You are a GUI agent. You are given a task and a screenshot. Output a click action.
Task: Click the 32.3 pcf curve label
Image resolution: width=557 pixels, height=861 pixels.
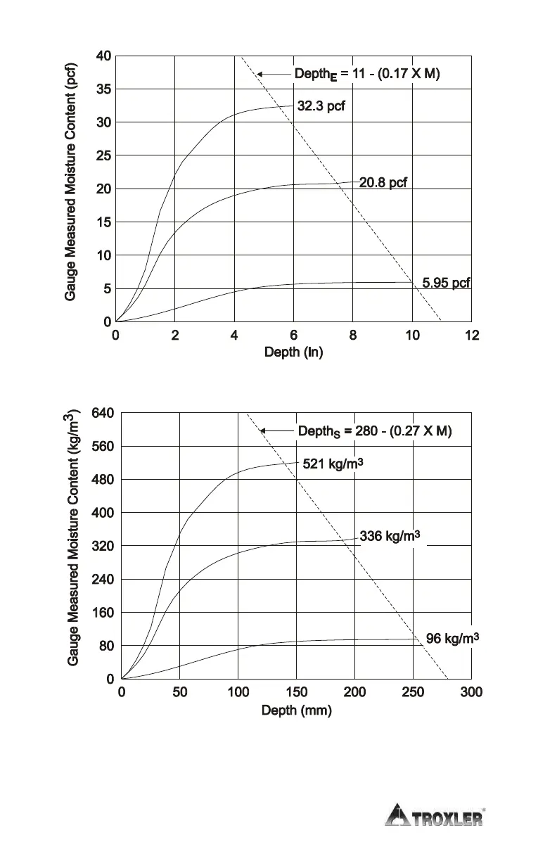click(x=321, y=106)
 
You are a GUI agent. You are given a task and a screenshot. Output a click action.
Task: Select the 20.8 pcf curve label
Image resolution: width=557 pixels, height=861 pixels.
click(x=383, y=183)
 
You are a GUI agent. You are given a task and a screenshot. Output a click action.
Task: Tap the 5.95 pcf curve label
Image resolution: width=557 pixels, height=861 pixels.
click(x=446, y=283)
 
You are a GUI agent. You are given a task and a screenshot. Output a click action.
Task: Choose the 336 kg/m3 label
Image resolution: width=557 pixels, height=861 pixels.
click(x=390, y=537)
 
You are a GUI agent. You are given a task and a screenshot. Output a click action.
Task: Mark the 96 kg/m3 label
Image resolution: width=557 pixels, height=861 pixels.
click(x=453, y=639)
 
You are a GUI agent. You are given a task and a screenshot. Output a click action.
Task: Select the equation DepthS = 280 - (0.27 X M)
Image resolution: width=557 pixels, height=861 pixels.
click(x=375, y=431)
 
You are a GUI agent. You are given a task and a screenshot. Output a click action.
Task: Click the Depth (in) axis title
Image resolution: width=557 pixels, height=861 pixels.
click(x=293, y=352)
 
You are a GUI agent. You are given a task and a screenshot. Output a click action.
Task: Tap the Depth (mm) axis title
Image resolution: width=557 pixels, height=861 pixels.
click(x=296, y=710)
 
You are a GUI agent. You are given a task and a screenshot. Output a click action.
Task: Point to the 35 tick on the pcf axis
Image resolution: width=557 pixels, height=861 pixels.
click(x=103, y=89)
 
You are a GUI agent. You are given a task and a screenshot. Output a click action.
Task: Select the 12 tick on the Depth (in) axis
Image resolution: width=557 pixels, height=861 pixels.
click(x=472, y=336)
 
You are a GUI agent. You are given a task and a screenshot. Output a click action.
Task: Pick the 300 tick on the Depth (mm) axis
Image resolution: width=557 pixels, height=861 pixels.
click(x=471, y=693)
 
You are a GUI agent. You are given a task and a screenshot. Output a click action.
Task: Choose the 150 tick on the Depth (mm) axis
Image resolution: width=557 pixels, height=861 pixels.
click(x=296, y=693)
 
